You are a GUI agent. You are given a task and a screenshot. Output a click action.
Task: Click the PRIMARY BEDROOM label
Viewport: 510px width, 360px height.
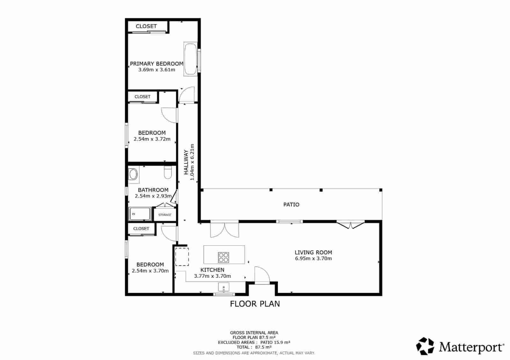[157, 64]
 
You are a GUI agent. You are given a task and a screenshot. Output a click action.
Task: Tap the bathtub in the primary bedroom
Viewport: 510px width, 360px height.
[190, 59]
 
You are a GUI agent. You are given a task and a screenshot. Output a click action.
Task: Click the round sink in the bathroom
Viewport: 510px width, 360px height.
[133, 175]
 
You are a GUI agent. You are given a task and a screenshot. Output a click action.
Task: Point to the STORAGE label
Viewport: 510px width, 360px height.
[165, 215]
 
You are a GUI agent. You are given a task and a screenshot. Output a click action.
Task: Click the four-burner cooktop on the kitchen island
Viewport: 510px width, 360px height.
[223, 257]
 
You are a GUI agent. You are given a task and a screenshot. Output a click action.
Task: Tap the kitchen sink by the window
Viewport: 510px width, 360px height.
[224, 287]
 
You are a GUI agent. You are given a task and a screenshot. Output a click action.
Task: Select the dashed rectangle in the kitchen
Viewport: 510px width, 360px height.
[182, 257]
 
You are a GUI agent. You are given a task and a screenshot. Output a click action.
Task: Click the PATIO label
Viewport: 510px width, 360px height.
[291, 205]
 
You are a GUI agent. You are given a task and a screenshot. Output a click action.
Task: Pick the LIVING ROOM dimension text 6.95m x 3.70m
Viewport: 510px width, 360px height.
[313, 258]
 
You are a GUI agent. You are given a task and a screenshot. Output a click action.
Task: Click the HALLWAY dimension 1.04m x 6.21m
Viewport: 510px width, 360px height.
[192, 162]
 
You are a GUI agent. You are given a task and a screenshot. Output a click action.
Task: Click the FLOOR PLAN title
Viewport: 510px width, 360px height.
[255, 304]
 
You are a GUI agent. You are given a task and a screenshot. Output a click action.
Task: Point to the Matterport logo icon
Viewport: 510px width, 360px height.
[425, 346]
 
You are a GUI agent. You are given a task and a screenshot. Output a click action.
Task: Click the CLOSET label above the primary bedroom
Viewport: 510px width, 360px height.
[146, 26]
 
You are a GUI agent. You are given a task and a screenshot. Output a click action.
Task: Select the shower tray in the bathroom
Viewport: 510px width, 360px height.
[140, 214]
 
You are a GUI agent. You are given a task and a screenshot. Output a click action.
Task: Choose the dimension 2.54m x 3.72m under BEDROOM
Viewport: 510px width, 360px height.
[152, 139]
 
